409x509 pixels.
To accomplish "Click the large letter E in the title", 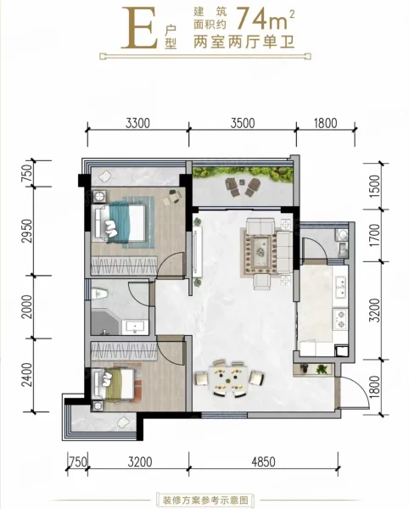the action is click(140, 28).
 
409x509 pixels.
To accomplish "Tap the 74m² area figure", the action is click(266, 20).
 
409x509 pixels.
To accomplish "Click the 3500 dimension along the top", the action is click(243, 123).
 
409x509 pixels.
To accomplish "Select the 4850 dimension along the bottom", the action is click(264, 461).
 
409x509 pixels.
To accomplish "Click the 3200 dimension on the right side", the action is click(375, 310).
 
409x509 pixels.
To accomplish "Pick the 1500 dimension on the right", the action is click(374, 185).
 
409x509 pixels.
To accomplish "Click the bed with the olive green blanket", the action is click(114, 384).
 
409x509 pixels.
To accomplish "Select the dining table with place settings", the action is click(229, 378).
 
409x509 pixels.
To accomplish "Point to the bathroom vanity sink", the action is click(136, 327).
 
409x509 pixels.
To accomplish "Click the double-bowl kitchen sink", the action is click(340, 287).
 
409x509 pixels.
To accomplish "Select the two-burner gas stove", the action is click(340, 319).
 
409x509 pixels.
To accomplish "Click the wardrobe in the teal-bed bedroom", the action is click(125, 266).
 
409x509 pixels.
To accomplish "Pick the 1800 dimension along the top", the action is click(326, 123).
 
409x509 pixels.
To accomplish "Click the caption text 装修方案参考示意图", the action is click(205, 499).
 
